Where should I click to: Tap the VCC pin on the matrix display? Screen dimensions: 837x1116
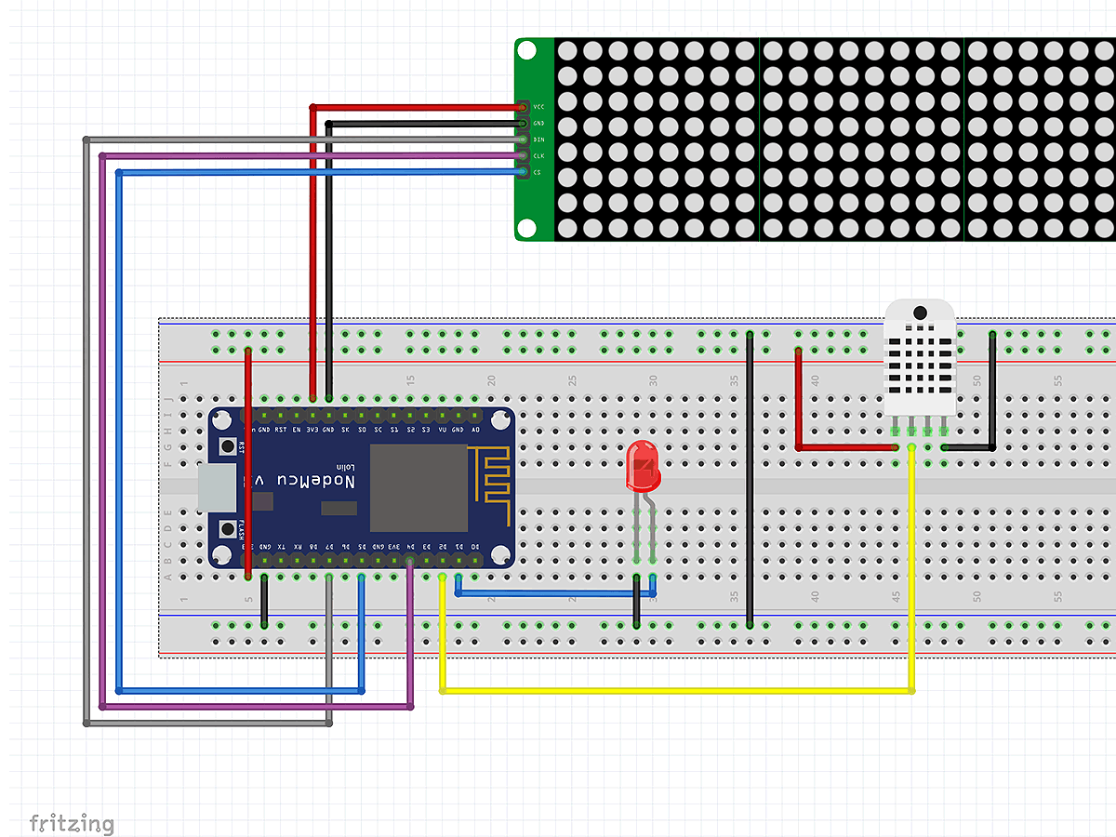pos(524,107)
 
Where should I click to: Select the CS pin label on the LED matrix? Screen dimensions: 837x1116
pos(538,172)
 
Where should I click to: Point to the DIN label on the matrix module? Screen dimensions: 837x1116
pos(538,139)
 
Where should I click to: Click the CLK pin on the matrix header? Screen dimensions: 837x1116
pos(524,155)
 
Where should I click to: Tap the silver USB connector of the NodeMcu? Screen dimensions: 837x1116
pos(217,488)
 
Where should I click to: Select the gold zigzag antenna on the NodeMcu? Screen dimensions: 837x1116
pos(490,484)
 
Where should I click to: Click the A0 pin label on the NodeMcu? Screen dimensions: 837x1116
pos(476,429)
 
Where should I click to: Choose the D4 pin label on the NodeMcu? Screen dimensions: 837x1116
pos(410,547)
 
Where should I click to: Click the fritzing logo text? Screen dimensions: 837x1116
pos(72,823)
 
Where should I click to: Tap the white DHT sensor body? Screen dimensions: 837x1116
pos(920,363)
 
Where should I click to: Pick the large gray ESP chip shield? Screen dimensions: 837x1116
pos(418,487)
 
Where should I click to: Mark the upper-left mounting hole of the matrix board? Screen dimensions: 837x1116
pos(527,51)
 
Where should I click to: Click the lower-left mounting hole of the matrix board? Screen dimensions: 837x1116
pos(527,227)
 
